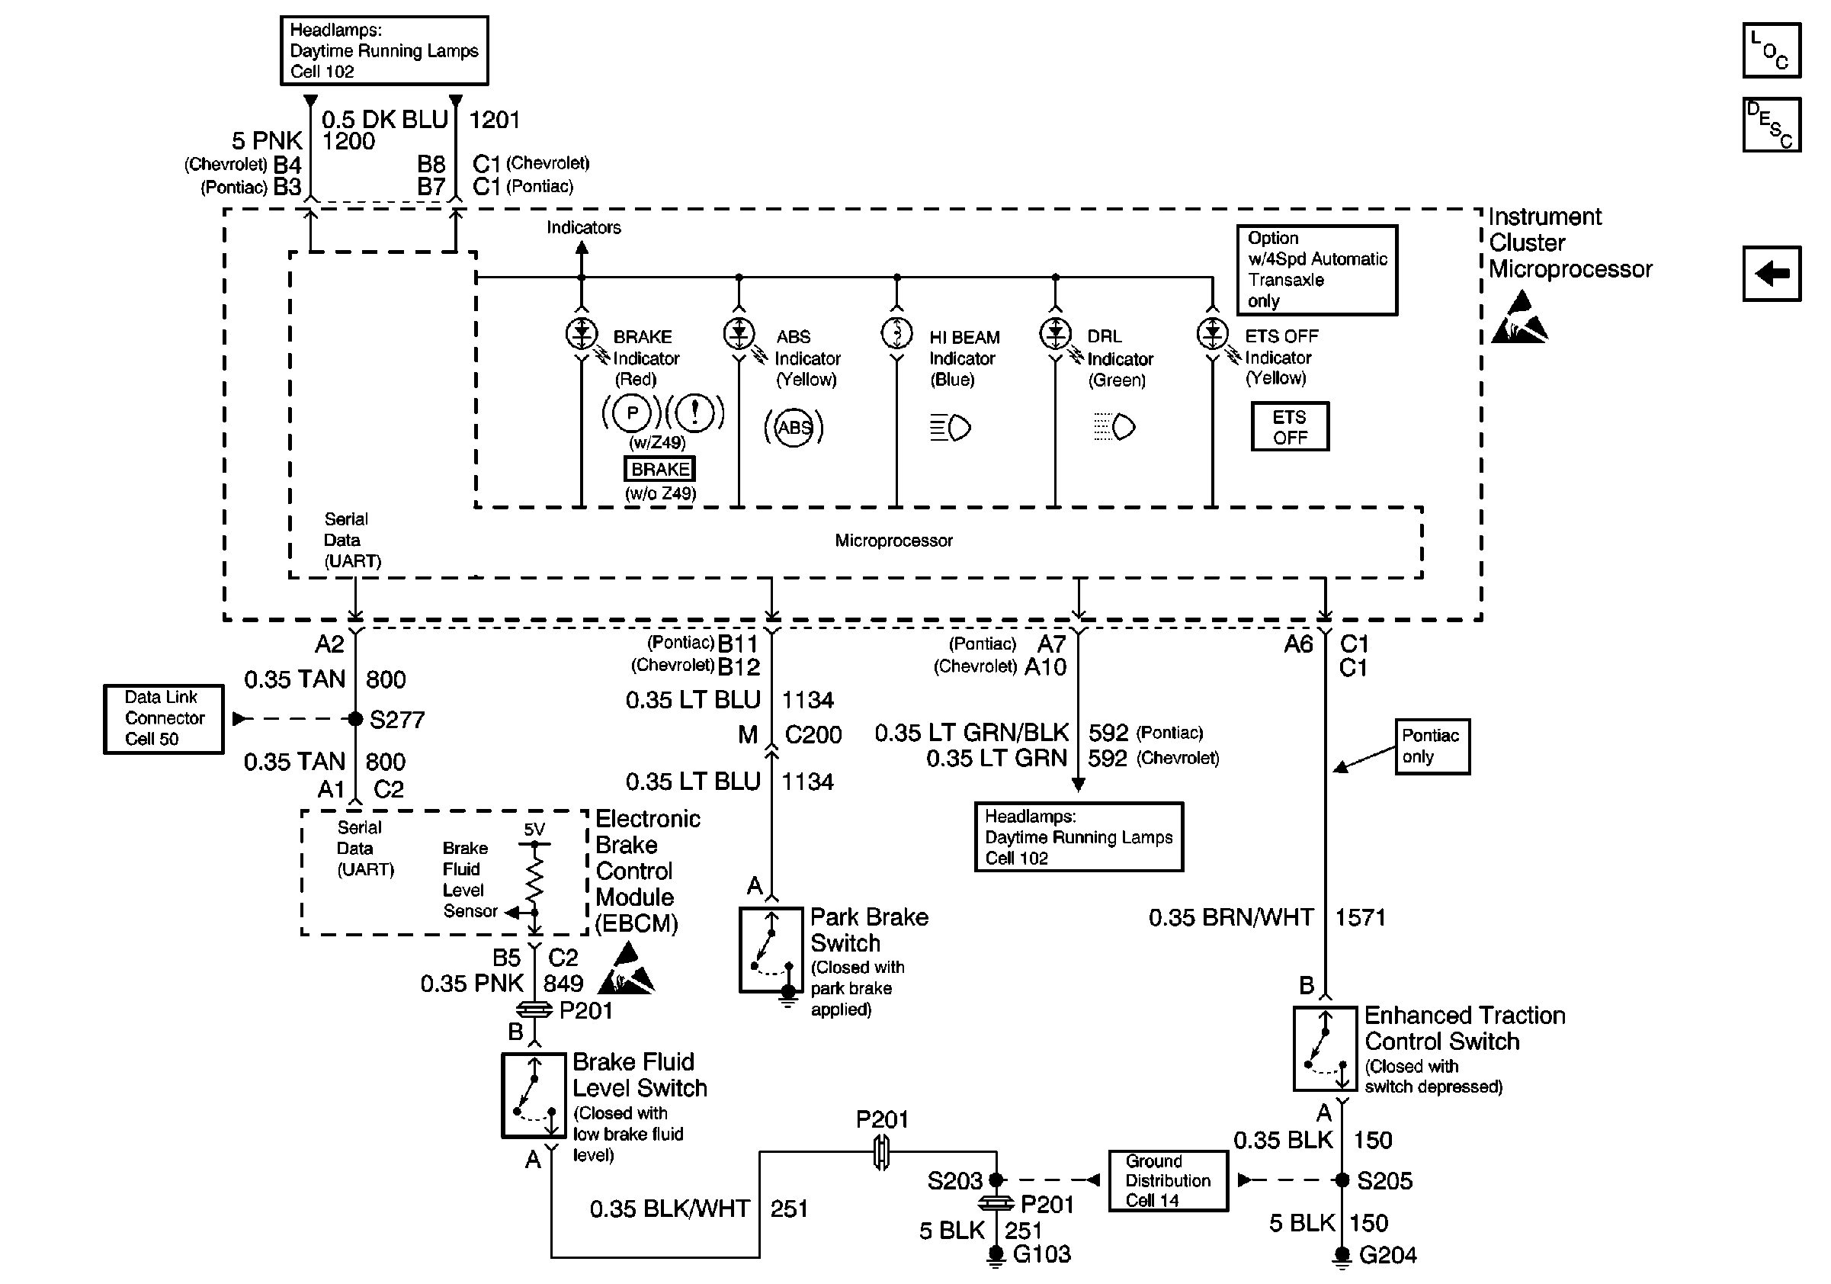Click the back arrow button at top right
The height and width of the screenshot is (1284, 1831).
point(1772,274)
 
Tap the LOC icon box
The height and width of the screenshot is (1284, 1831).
point(1772,50)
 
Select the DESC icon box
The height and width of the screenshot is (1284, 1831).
point(1772,124)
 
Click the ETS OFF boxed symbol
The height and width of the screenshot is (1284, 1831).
point(1290,427)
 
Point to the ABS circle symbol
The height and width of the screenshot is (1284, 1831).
point(794,428)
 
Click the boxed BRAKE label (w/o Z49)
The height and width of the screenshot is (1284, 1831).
point(659,469)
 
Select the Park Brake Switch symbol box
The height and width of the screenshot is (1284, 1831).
point(771,949)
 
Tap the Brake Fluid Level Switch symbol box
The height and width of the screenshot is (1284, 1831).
point(534,1095)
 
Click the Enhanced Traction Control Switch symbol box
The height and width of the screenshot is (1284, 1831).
point(1325,1048)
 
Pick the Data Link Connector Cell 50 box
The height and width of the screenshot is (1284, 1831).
point(163,718)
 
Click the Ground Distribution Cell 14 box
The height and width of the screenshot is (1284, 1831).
point(1168,1180)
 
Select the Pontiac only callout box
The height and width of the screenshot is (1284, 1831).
point(1432,746)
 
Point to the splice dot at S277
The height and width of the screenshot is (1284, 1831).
point(356,718)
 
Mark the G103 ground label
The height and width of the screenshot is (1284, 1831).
point(1041,1254)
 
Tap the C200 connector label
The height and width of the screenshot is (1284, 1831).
point(813,733)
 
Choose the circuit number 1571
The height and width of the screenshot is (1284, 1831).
point(1360,917)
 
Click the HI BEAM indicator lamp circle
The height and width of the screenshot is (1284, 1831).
point(896,333)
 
